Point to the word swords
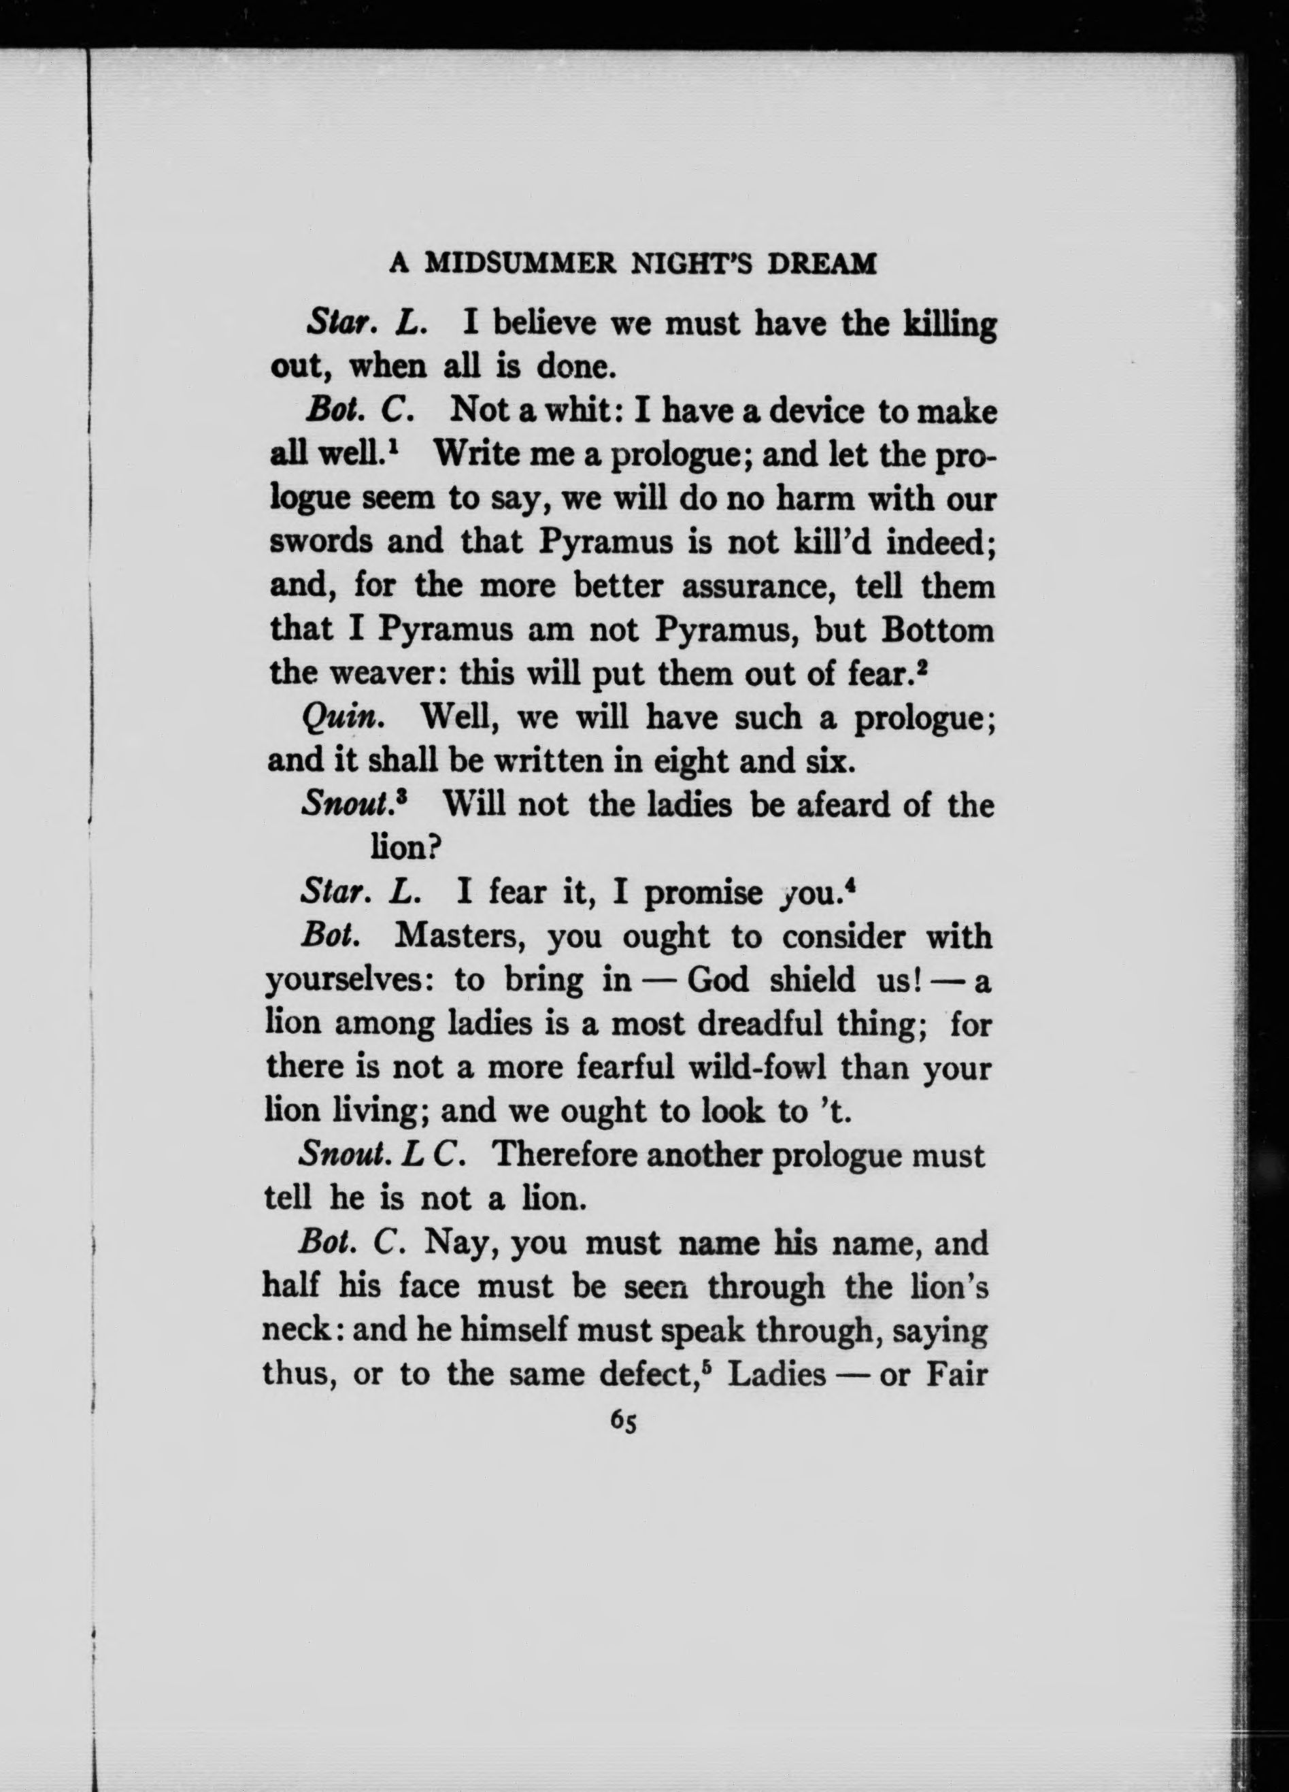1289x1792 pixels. coord(320,543)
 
